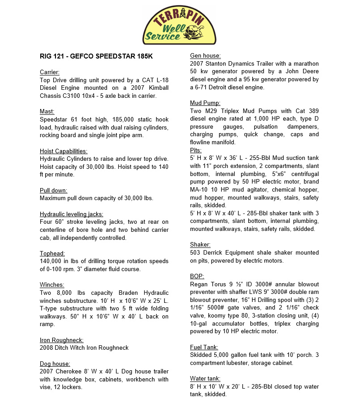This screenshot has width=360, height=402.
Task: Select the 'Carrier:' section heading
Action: [50, 72]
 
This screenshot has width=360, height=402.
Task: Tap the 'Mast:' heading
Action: [47, 112]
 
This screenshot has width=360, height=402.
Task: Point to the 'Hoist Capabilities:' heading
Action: [64, 151]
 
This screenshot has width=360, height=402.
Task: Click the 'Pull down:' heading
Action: [53, 190]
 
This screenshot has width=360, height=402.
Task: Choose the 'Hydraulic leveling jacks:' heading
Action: [71, 214]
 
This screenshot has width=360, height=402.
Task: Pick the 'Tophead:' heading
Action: [52, 253]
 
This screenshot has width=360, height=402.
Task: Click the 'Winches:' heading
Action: [52, 285]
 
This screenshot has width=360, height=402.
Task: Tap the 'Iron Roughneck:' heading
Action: [61, 340]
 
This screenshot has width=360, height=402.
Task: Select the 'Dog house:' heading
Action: [55, 364]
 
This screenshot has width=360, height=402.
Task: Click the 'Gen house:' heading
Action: [205, 56]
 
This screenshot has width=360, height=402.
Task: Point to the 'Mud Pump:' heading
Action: [205, 103]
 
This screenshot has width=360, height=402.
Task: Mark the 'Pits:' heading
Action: [196, 150]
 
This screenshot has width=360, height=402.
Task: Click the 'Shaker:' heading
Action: [200, 245]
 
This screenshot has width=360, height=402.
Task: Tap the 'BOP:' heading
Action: [197, 276]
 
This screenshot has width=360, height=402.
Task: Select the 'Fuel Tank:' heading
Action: [204, 347]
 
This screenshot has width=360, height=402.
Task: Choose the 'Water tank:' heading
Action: [205, 379]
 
